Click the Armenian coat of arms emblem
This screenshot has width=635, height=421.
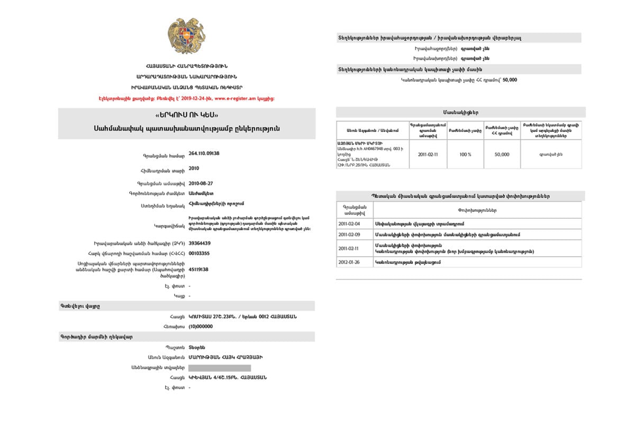click(186, 37)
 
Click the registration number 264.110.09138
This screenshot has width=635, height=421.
click(204, 153)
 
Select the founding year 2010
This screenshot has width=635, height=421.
click(194, 168)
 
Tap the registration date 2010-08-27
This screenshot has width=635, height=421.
click(202, 183)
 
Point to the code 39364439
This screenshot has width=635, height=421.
click(199, 243)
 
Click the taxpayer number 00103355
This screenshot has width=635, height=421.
click(199, 253)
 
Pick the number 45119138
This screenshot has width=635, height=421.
click(199, 269)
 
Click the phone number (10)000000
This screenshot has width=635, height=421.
click(201, 326)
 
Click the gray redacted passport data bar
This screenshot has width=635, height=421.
click(220, 368)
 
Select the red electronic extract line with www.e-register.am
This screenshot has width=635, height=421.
click(186, 98)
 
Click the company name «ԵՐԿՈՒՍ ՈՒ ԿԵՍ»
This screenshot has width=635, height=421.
click(186, 115)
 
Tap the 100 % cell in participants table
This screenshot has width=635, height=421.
click(466, 154)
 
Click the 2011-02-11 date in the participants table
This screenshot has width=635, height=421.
click(429, 154)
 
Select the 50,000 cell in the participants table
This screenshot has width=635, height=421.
click(502, 154)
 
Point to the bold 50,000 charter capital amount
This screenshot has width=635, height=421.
click(510, 80)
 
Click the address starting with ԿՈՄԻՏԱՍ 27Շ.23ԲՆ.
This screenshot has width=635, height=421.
click(242, 316)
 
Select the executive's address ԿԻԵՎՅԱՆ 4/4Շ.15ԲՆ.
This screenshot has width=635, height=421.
click(228, 378)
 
